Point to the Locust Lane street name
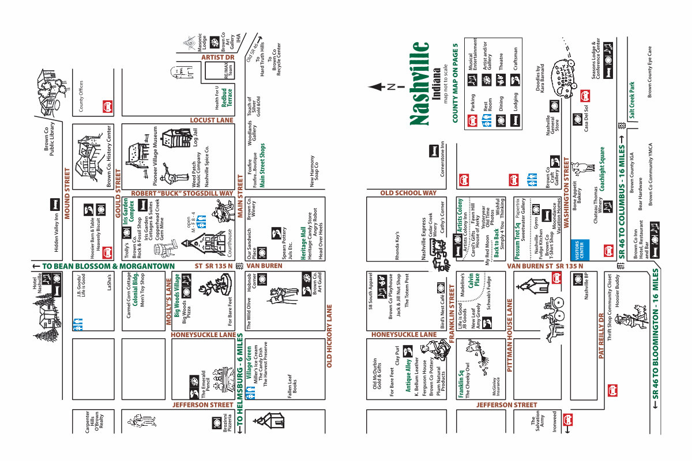click(x=211, y=120)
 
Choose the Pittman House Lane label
click(x=510, y=337)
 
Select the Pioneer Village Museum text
click(x=156, y=155)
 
